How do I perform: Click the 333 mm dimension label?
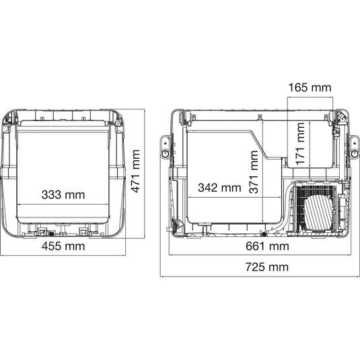coord(63,194)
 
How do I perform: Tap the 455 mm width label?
coord(63,246)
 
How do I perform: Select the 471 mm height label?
coord(135,171)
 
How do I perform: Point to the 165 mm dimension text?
coord(310,87)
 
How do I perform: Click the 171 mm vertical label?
coord(300,144)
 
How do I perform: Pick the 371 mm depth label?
coord(254,172)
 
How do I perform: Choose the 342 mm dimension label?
coord(219,188)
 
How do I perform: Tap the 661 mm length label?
coord(267,246)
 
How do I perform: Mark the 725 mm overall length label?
coord(267,267)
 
